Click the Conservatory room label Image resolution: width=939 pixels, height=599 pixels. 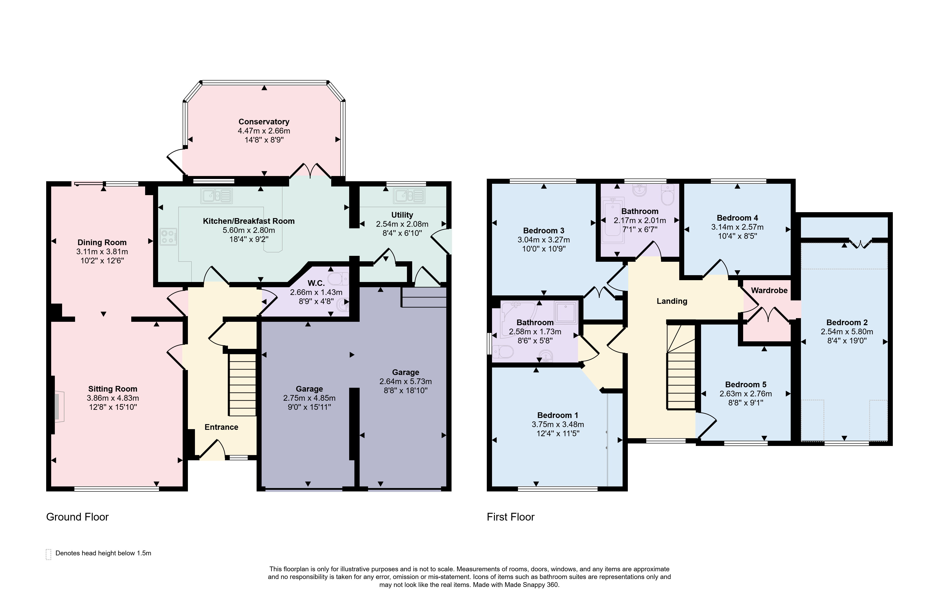264,122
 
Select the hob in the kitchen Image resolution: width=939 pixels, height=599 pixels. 169,236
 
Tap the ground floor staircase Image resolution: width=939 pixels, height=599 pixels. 242,385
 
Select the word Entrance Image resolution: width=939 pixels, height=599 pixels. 222,427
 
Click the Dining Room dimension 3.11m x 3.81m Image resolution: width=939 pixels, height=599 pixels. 102,252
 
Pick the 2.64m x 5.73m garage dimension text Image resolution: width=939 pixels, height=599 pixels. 406,381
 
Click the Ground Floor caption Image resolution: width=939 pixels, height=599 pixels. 77,517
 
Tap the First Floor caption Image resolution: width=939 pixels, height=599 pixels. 510,517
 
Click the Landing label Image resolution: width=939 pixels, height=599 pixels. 672,301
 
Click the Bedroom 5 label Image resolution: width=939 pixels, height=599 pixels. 746,385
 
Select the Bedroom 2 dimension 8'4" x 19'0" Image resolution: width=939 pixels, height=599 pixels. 847,340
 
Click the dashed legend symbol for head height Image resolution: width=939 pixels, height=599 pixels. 49,554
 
